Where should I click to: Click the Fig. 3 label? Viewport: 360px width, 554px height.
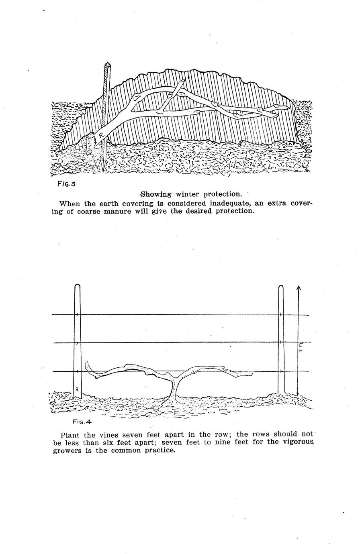click(x=67, y=185)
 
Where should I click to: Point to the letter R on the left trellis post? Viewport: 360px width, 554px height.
click(x=77, y=389)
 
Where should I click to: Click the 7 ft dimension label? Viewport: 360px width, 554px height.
click(x=301, y=348)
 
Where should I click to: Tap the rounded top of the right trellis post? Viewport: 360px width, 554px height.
click(x=281, y=287)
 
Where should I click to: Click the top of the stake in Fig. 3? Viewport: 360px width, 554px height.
click(x=107, y=65)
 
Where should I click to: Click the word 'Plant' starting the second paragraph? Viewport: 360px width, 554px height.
click(x=71, y=435)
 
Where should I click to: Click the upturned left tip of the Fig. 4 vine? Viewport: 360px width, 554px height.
click(x=87, y=365)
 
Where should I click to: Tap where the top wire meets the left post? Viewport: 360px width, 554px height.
click(x=77, y=315)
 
